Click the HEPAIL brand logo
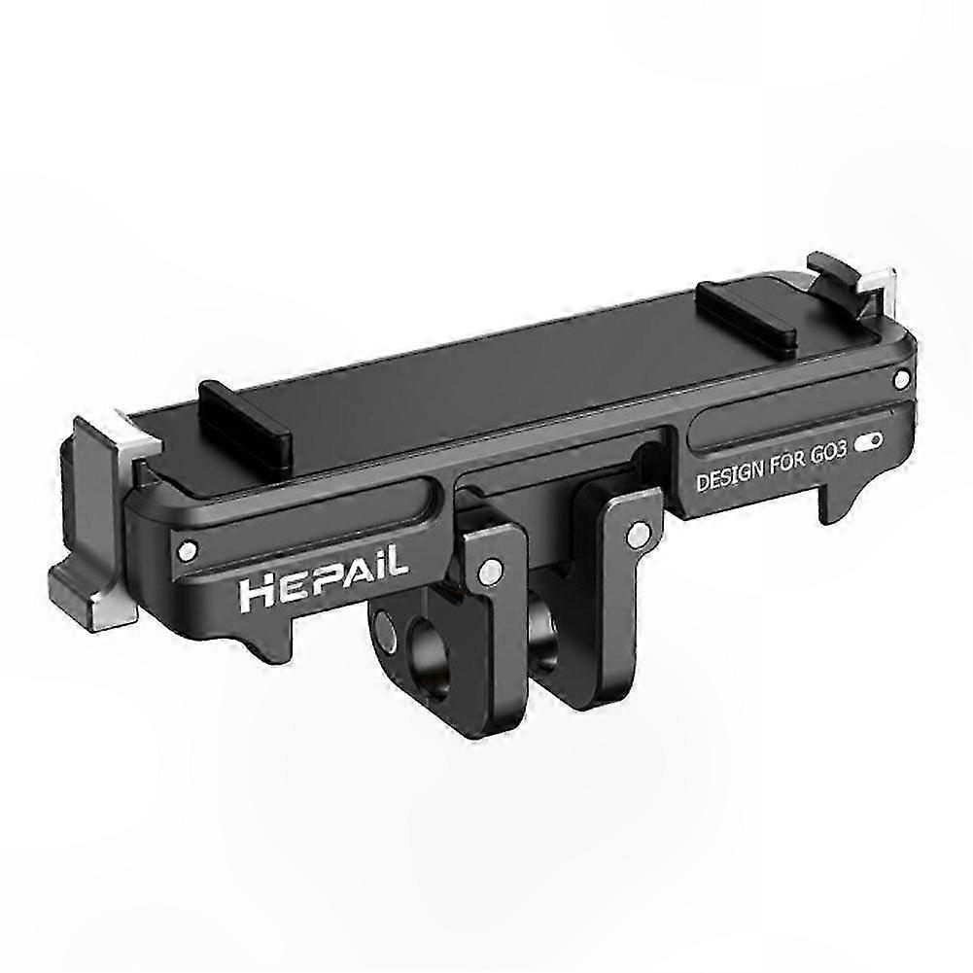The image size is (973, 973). click(321, 585)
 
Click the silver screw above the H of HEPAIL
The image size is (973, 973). click(191, 550)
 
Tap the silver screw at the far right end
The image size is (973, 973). click(903, 375)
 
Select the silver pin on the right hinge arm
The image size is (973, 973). click(638, 534)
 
